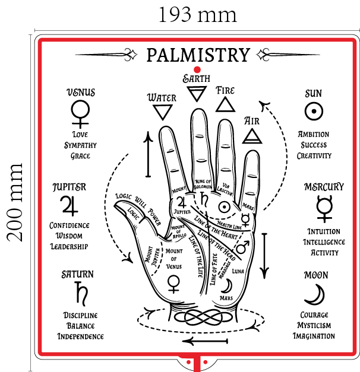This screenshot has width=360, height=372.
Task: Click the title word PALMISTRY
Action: (198, 55)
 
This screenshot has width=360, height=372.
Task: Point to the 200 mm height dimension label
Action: (16, 202)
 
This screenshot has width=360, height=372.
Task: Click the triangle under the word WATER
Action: (161, 112)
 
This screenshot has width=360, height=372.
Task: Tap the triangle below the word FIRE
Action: (225, 105)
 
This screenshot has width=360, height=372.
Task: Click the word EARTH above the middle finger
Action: (195, 78)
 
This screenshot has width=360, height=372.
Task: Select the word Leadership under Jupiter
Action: (69, 246)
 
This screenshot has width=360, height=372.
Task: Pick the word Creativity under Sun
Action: (314, 155)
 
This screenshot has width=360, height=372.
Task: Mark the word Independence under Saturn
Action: (80, 336)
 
